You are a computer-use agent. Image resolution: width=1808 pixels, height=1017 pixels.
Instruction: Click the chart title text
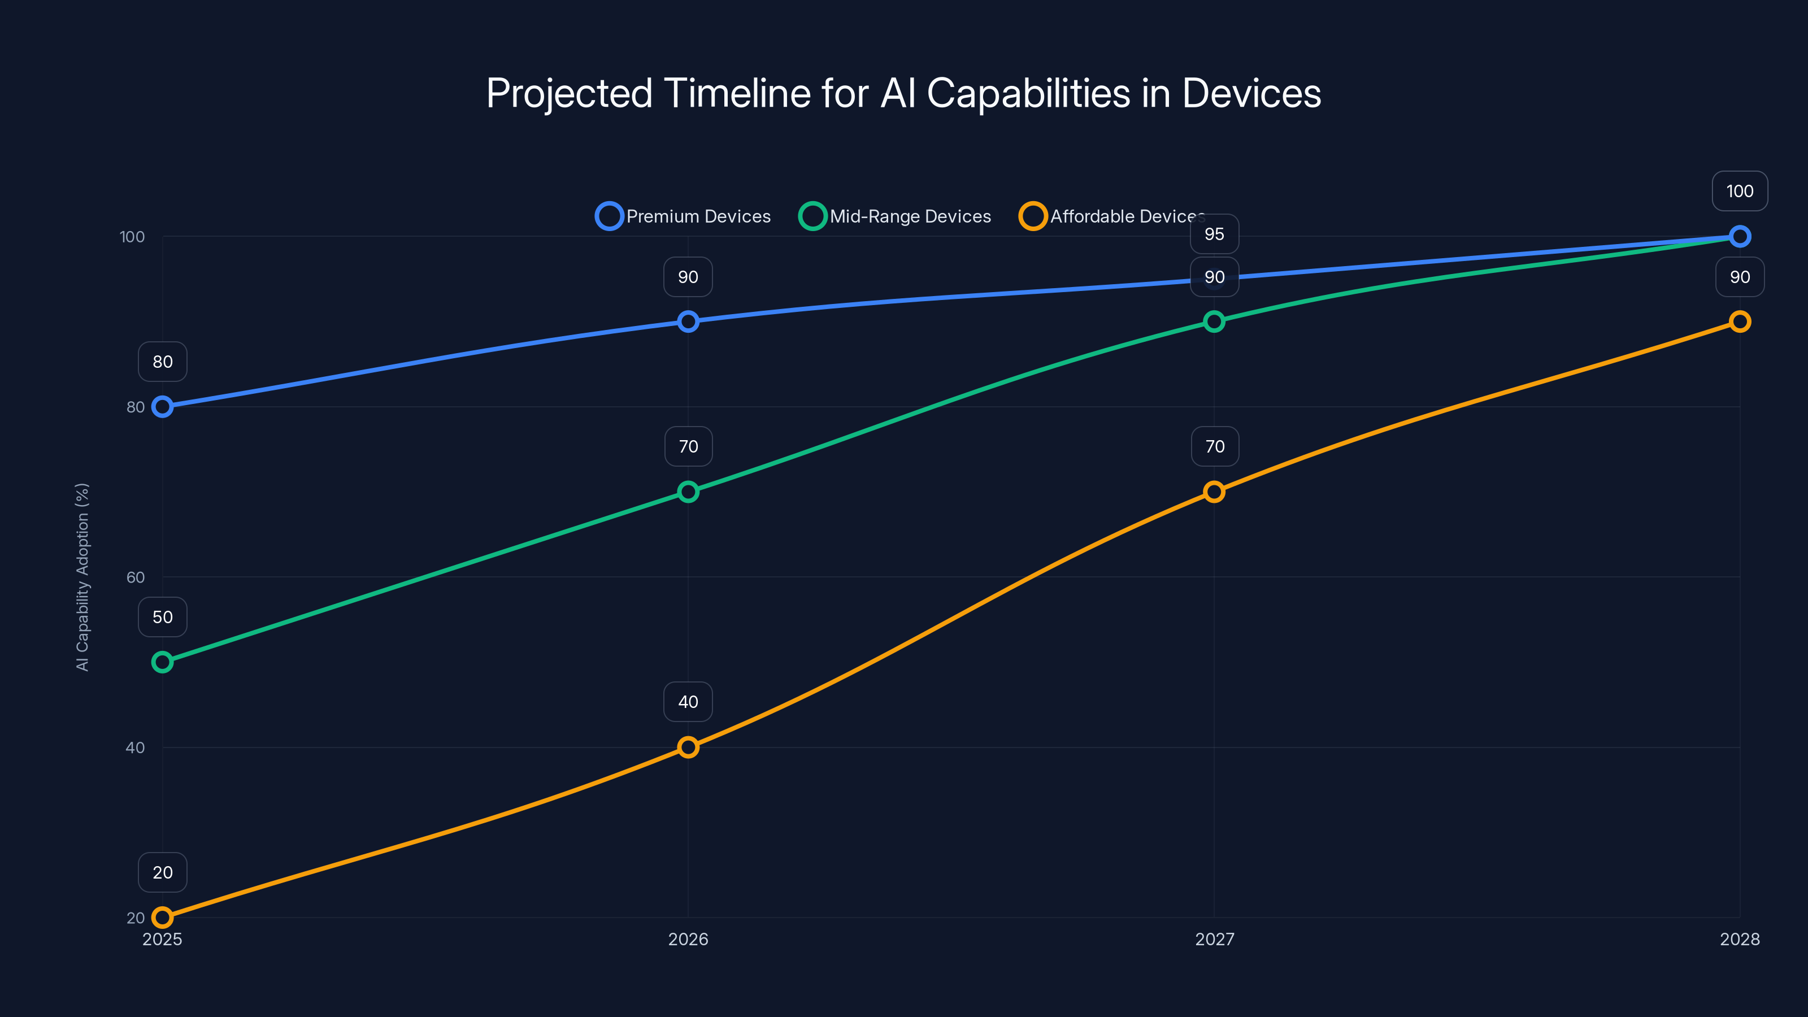(903, 93)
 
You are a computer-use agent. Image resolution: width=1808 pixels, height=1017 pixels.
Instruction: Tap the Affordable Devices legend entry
(1112, 216)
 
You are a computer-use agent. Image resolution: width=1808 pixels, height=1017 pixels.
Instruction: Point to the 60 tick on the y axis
(136, 577)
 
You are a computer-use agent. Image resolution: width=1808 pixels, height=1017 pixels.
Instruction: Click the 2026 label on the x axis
(688, 939)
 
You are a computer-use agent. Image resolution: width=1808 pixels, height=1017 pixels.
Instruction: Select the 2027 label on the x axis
(1214, 939)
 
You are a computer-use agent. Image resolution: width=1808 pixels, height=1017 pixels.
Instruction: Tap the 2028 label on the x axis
(1739, 939)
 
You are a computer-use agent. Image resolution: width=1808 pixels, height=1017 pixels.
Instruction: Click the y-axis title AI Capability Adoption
(82, 577)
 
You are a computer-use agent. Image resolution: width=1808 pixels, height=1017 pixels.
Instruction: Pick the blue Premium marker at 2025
(162, 406)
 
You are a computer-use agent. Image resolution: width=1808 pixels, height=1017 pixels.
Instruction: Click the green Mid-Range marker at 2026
(688, 492)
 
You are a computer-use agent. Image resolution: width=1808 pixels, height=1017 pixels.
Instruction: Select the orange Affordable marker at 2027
(1214, 492)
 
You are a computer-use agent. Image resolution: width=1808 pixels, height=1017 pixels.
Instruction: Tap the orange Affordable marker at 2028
(1739, 321)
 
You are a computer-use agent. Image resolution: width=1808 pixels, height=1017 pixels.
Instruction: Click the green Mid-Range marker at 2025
(162, 662)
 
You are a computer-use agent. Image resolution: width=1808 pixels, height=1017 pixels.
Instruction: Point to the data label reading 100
(1739, 191)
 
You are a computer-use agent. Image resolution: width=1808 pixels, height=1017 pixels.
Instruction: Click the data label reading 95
(1214, 234)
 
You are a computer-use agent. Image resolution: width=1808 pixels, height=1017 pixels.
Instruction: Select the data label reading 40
(688, 702)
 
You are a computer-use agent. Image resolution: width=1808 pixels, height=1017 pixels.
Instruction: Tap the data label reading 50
(162, 617)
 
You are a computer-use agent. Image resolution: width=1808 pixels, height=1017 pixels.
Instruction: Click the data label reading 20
(162, 872)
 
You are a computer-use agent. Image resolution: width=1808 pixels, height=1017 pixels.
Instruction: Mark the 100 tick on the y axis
(132, 237)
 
